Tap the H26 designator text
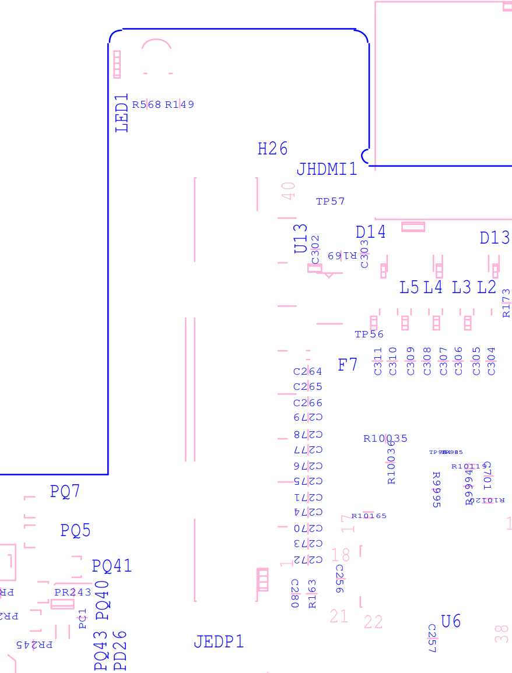click(x=272, y=149)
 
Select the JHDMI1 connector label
click(x=327, y=170)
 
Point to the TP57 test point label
click(x=330, y=202)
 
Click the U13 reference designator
click(x=301, y=238)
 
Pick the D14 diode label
click(x=370, y=232)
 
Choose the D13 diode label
click(x=495, y=238)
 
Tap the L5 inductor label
click(x=409, y=287)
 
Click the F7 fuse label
click(x=348, y=365)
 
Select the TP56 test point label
click(x=369, y=334)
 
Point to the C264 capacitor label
click(x=307, y=371)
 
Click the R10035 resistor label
click(x=385, y=438)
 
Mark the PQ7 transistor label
click(x=65, y=491)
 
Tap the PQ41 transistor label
click(x=112, y=565)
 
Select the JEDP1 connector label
click(x=219, y=642)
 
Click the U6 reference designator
click(x=451, y=621)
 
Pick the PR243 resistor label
click(x=73, y=592)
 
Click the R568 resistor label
click(x=146, y=105)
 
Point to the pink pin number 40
click(x=289, y=191)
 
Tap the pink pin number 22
click(x=373, y=622)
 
